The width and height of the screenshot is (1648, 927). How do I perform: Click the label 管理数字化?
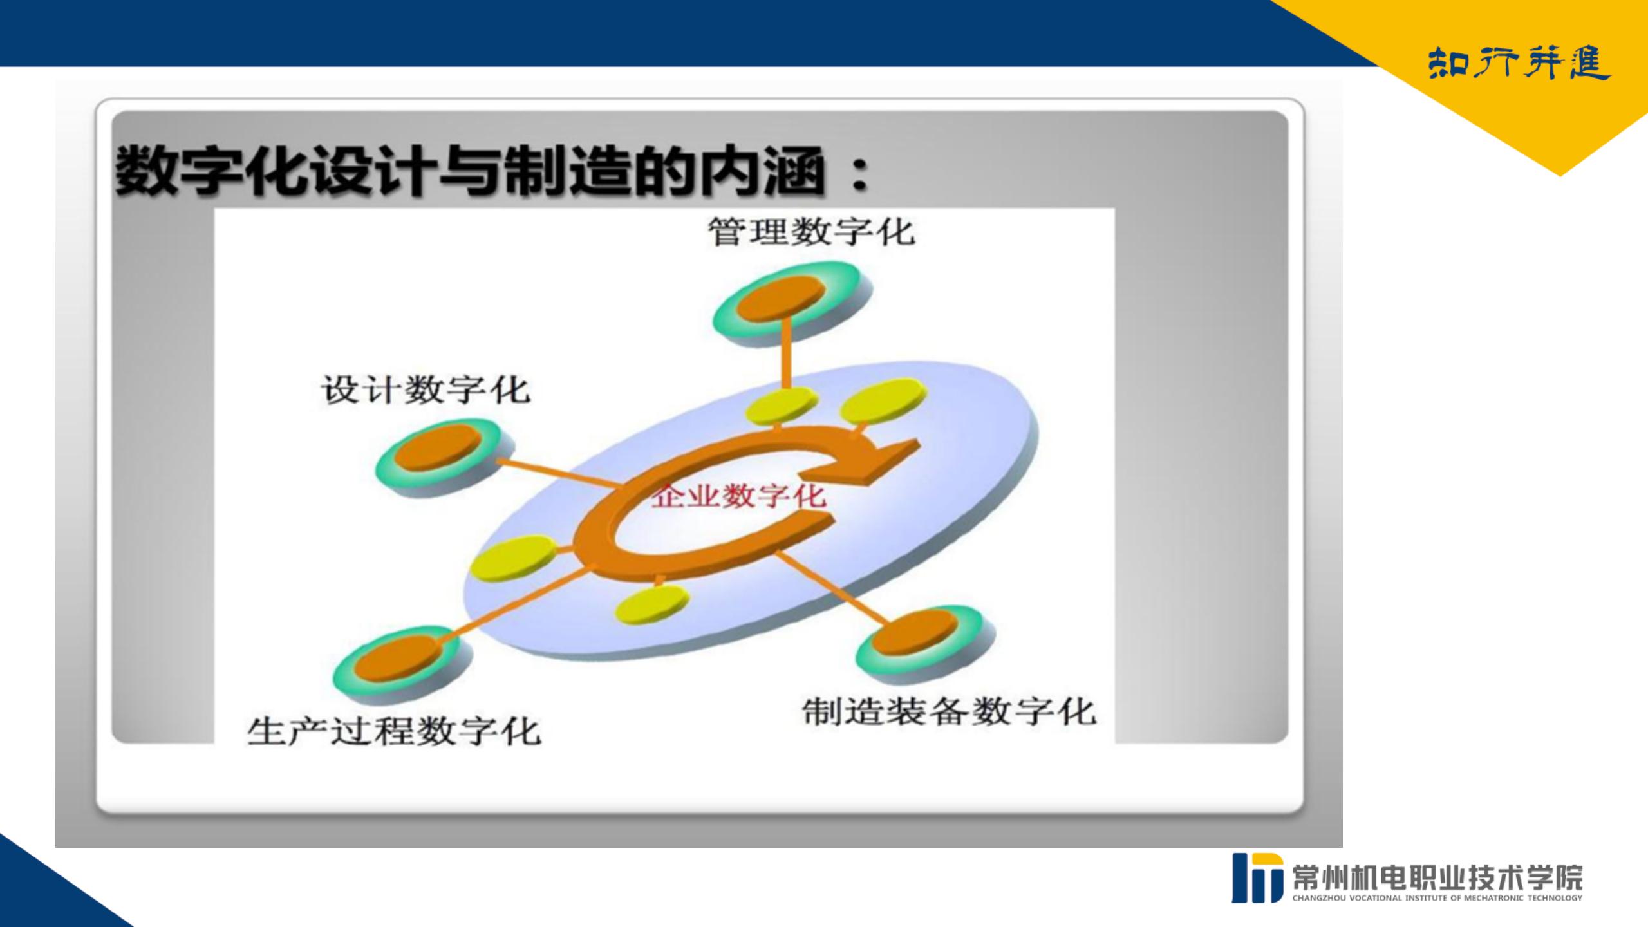[x=811, y=231]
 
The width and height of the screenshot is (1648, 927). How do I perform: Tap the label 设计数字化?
[x=426, y=389]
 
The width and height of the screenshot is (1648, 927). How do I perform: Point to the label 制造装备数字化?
[x=949, y=711]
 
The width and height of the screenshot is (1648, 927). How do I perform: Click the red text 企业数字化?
[x=739, y=496]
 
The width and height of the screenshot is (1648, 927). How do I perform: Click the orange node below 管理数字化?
[x=781, y=299]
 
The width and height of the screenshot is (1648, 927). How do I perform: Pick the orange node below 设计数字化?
[x=438, y=446]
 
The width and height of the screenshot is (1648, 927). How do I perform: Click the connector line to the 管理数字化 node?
[x=786, y=354]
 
